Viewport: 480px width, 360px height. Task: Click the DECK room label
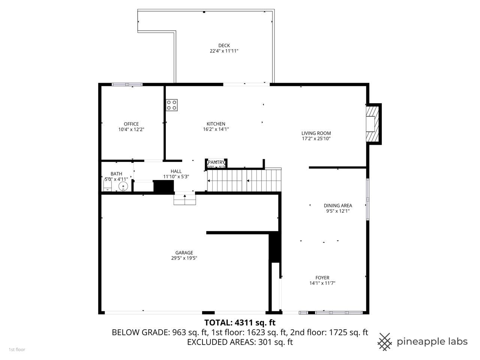pos(224,45)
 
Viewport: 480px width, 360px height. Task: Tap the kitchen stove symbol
pos(172,105)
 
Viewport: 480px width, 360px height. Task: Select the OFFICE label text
pos(131,124)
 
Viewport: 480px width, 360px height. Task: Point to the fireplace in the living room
pos(373,124)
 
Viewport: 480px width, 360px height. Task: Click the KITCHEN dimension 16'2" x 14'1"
pos(216,129)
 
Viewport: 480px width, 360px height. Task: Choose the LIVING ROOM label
pos(316,133)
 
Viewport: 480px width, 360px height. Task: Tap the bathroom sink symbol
pos(123,186)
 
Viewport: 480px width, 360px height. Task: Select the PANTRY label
pos(216,162)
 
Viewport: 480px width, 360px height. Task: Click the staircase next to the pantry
pos(244,180)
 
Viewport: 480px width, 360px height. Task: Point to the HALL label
pos(176,171)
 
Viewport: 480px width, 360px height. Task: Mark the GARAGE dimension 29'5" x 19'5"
pos(184,258)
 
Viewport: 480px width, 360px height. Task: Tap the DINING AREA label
pos(338,205)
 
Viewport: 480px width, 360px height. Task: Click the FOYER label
pos(322,278)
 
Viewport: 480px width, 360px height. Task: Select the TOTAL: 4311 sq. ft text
pos(240,322)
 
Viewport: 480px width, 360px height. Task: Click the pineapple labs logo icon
pos(384,342)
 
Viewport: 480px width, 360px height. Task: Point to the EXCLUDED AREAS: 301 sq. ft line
pos(240,342)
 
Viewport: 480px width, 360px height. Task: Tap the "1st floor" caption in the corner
pos(17,349)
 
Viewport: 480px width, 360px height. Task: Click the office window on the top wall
pos(127,85)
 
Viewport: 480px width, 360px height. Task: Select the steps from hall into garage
pos(185,199)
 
